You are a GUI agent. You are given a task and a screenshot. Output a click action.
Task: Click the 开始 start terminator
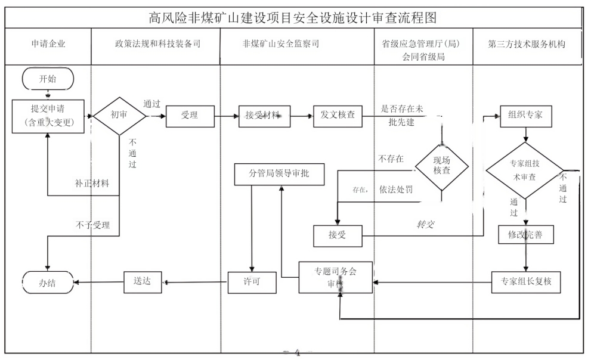click(x=48, y=78)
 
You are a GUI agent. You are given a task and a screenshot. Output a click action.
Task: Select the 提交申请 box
click(x=48, y=116)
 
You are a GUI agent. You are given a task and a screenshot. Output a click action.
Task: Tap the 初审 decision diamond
click(x=119, y=116)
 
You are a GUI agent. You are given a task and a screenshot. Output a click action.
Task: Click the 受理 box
click(x=190, y=116)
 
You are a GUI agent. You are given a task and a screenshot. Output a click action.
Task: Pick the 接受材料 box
click(x=263, y=116)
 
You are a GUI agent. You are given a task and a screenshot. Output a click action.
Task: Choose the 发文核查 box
click(x=338, y=116)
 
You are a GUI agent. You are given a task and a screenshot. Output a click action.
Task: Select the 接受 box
click(x=338, y=235)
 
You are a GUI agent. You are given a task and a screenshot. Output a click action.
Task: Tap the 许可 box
click(x=253, y=281)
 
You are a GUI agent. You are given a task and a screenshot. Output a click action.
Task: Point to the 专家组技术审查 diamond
click(x=524, y=170)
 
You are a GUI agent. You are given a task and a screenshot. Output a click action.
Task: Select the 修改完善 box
click(x=525, y=235)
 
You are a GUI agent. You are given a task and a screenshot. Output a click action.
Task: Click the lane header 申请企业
click(x=48, y=45)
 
